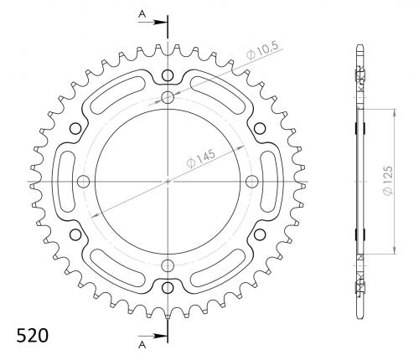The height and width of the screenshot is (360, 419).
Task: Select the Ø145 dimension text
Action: click(x=201, y=158)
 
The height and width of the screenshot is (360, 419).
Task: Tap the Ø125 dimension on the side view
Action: click(x=388, y=181)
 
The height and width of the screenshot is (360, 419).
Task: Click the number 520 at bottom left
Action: click(x=33, y=335)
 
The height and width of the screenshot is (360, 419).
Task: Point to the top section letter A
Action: click(x=142, y=13)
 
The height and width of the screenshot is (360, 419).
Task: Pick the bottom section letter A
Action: click(x=142, y=345)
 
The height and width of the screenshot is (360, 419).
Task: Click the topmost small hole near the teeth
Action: click(x=168, y=75)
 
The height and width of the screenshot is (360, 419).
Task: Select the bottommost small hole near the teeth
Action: click(x=168, y=286)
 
